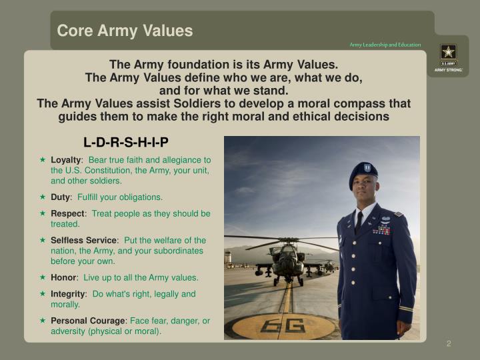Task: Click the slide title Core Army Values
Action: tap(125, 31)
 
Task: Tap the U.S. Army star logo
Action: tap(448, 52)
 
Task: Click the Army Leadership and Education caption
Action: tap(385, 45)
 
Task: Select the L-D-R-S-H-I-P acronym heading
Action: tap(126, 142)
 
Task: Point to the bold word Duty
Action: tap(61, 197)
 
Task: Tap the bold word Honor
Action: tap(64, 277)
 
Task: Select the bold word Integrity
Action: tap(68, 293)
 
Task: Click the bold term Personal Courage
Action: tap(87, 321)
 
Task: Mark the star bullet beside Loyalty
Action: tap(42, 160)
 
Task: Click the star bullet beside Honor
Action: tap(42, 277)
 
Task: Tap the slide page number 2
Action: tap(449, 343)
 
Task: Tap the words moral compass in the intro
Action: tap(323, 104)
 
